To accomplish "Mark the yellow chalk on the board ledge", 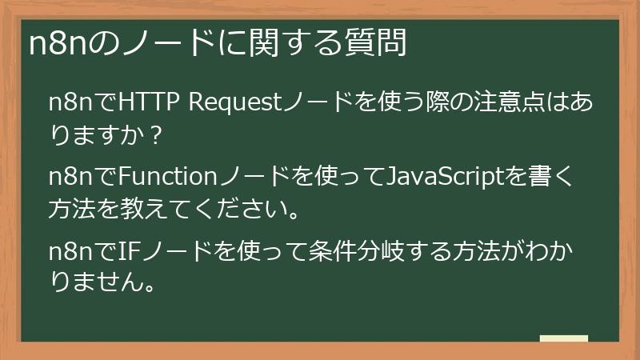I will point(564,338).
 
